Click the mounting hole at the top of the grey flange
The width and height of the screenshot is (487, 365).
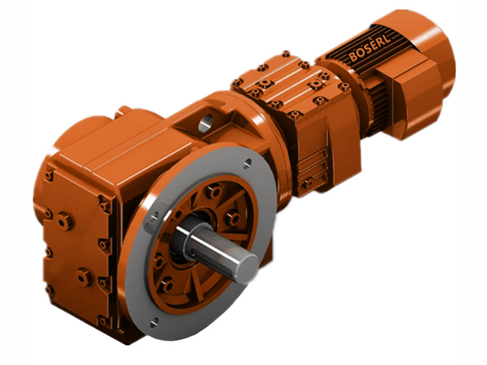pyautogui.click(x=247, y=163)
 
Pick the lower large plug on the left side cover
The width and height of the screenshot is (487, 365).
pyautogui.click(x=83, y=277)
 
